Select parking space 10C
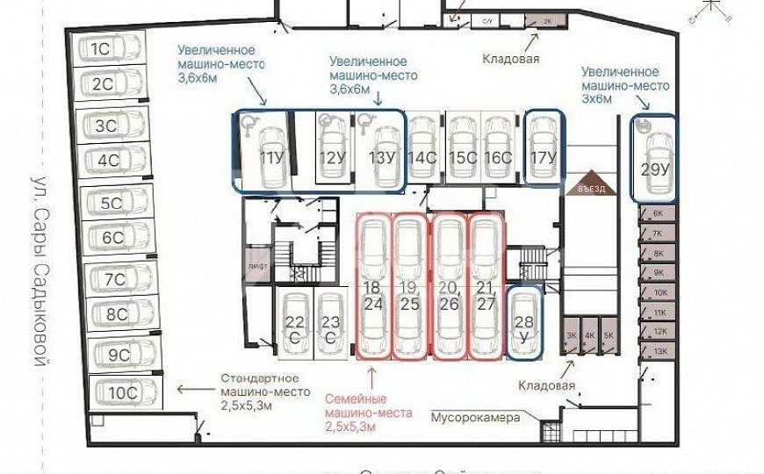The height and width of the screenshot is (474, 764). point(122,391)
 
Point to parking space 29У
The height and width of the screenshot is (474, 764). point(653,158)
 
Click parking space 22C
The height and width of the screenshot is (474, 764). point(294,329)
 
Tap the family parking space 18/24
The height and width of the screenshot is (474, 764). point(373,287)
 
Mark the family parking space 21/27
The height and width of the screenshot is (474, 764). point(486,287)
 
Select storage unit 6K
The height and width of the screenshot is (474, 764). point(658,213)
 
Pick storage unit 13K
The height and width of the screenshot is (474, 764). point(658,351)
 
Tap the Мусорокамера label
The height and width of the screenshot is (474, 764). point(475,417)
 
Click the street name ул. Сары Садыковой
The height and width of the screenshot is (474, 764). point(38,271)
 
